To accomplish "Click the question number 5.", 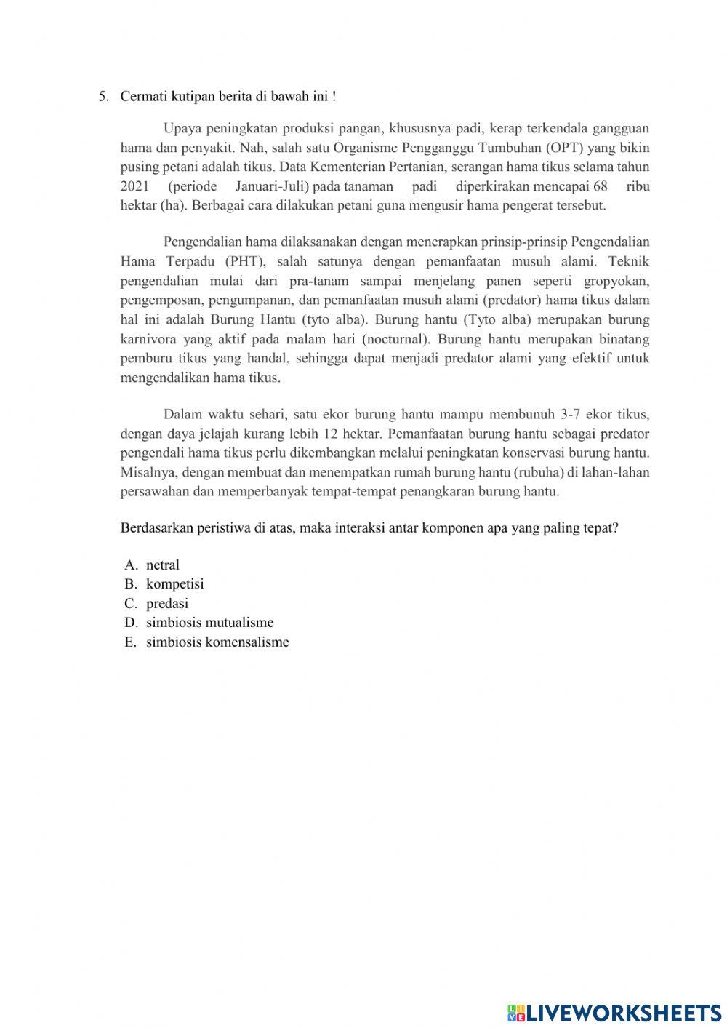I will (103, 96).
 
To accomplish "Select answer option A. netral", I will (162, 565).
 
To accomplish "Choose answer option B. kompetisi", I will (174, 584).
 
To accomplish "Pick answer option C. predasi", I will (166, 604).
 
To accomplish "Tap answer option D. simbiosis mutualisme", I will (209, 623).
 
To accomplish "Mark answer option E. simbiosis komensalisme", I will (217, 642).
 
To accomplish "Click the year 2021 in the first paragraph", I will (134, 186).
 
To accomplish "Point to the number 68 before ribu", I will (600, 186).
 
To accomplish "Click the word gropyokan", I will (616, 282).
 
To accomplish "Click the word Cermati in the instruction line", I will (142, 96).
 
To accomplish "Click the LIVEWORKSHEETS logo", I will (614, 1013).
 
